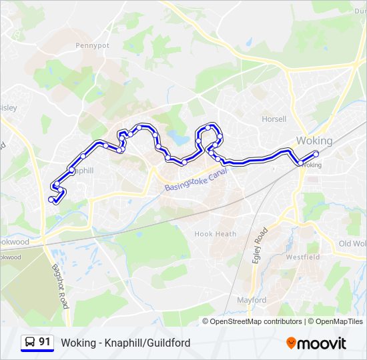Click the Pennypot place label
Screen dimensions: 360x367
coord(92,46)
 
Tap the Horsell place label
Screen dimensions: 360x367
coord(274,119)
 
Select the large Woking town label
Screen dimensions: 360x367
coord(314,141)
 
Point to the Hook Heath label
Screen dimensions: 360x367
coord(215,234)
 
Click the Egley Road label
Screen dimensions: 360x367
coord(260,245)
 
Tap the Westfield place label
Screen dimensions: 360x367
coord(303,257)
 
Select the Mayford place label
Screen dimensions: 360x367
coord(252,300)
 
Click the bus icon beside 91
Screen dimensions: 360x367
coord(29,343)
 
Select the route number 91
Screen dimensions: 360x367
coord(45,342)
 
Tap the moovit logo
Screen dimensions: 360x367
coord(316,343)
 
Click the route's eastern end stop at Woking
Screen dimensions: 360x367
coord(316,154)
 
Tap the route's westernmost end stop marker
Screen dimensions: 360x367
coord(51,199)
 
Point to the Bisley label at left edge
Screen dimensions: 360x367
coord(7,107)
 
